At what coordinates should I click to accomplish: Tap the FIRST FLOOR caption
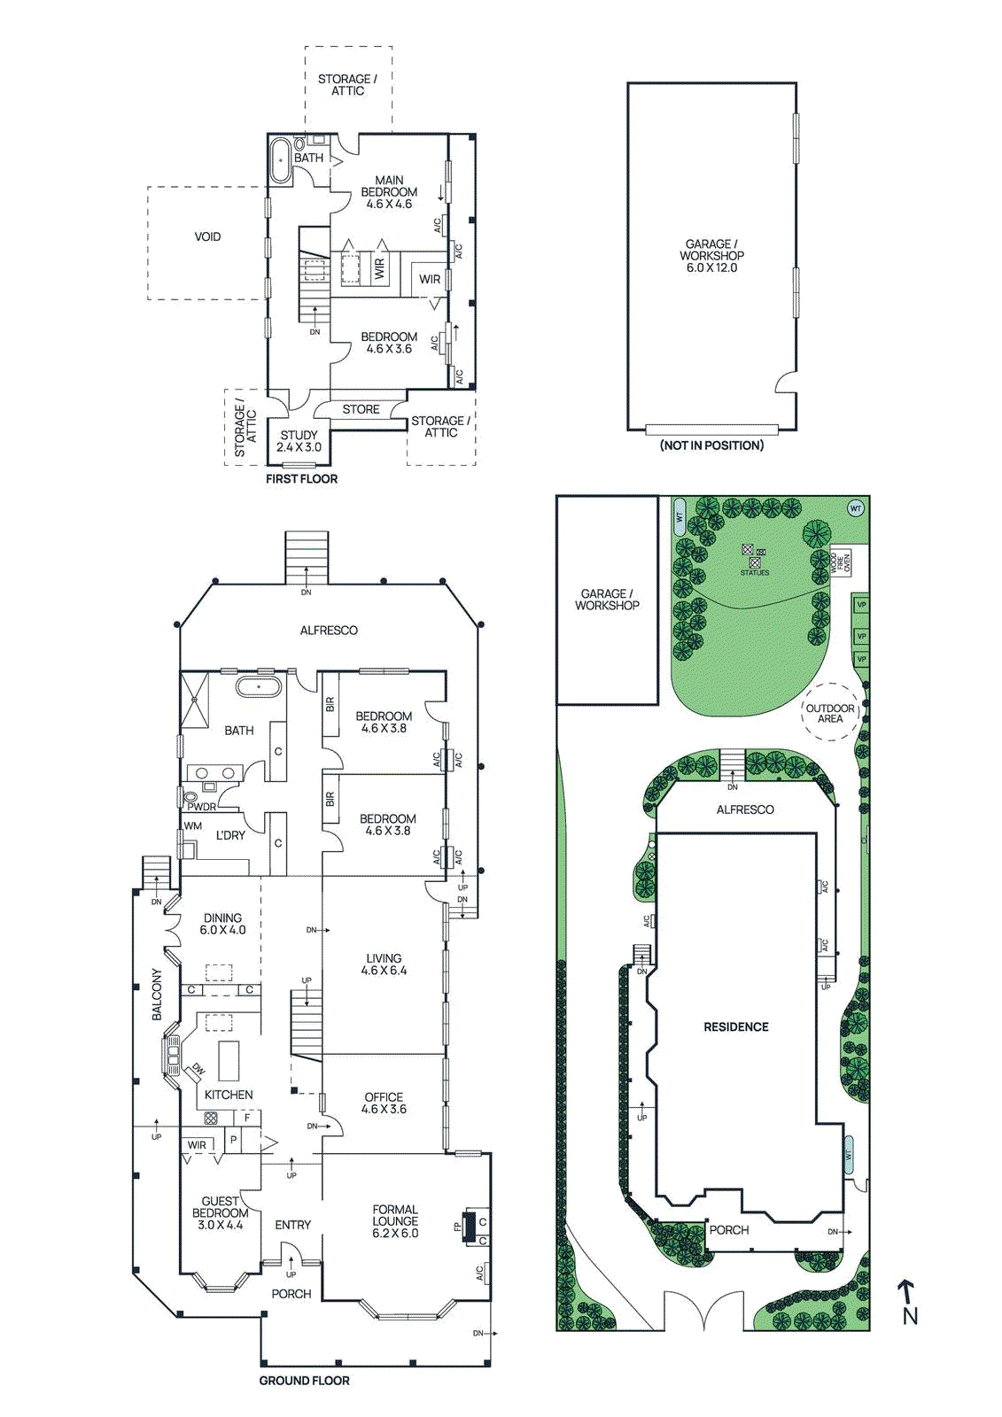click(x=301, y=479)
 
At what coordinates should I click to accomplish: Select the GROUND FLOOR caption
click(x=304, y=1381)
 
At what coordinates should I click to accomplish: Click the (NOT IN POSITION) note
click(x=711, y=445)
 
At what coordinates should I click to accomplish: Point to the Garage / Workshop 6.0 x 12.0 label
click(x=711, y=256)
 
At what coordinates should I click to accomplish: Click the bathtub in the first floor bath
click(x=280, y=160)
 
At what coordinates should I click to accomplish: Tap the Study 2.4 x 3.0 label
click(x=299, y=441)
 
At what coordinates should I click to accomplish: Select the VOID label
click(x=207, y=236)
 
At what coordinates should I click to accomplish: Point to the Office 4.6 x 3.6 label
click(x=384, y=1103)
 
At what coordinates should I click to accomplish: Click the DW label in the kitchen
click(x=198, y=1070)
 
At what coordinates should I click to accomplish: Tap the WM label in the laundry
click(x=192, y=826)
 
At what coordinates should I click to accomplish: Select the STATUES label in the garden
click(x=755, y=573)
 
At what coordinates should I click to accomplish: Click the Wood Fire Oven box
click(x=840, y=561)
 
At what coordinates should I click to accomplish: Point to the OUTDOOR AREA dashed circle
click(x=830, y=713)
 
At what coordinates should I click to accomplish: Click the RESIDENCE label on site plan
click(x=735, y=1027)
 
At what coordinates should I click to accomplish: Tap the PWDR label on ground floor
click(x=201, y=807)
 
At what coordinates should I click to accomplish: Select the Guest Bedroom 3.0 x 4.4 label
click(x=220, y=1212)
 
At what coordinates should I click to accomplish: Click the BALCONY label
click(x=157, y=994)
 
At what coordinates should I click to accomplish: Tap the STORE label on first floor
click(x=361, y=409)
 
